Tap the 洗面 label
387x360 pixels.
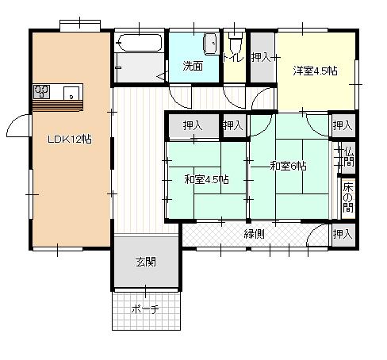tap(193, 66)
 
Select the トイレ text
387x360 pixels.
tap(233, 58)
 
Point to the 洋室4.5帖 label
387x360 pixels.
tap(315, 71)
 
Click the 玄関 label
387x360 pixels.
tap(145, 262)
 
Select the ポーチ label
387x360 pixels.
tap(145, 308)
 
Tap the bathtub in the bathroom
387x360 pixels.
tap(140, 46)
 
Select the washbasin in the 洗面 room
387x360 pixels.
tap(209, 42)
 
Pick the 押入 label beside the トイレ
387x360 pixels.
tap(261, 57)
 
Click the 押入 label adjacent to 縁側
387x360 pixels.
tap(342, 234)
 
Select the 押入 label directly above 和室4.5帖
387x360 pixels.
tap(193, 125)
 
